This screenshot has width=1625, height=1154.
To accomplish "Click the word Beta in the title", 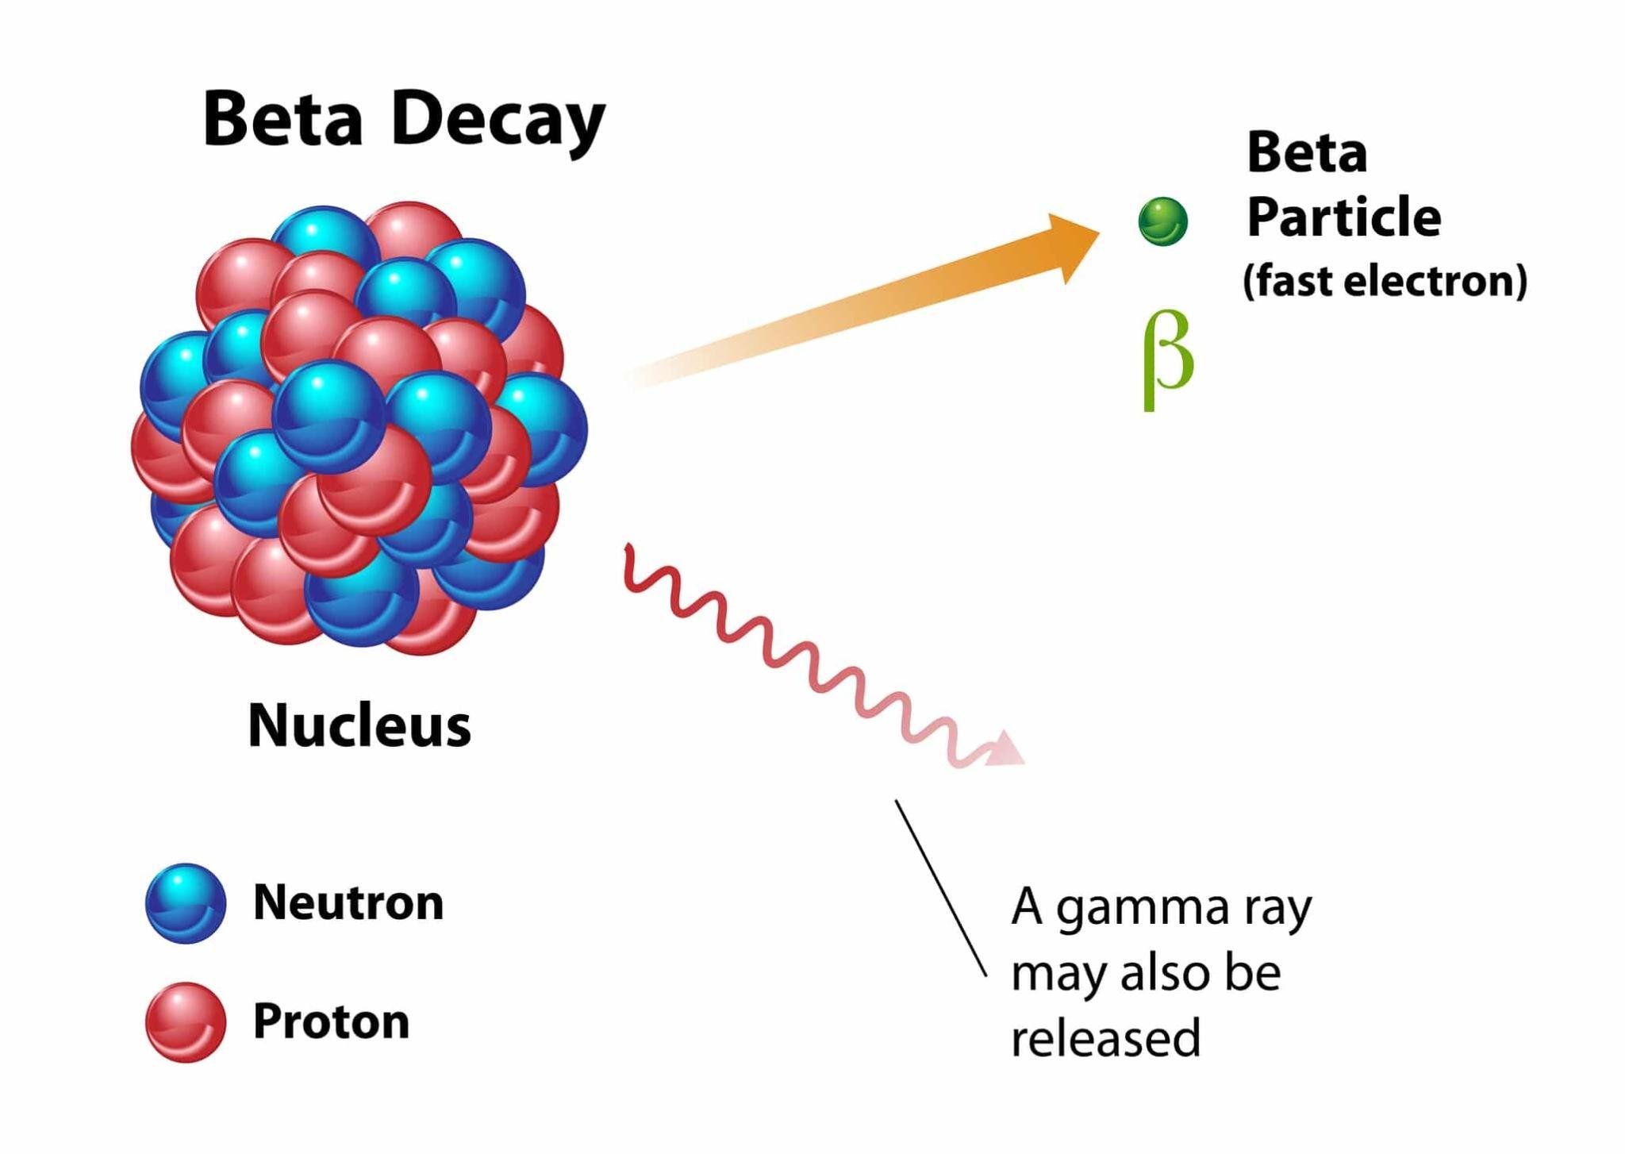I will pos(282,119).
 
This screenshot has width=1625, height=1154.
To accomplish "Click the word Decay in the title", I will pos(497,121).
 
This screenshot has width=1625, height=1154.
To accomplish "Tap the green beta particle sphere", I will pos(1162,221).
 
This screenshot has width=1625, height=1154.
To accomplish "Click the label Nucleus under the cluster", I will pos(359,725).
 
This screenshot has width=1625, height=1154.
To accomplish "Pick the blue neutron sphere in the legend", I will pos(186,903).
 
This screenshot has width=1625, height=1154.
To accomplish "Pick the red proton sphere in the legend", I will pos(186,1022).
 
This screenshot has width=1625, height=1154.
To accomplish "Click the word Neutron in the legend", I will pos(348,902).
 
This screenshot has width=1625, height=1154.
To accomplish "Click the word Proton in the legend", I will pos(331,1021).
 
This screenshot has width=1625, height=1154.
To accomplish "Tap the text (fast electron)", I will pos(1385,281).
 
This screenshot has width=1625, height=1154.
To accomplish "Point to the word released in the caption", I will pos(1105,1038).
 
